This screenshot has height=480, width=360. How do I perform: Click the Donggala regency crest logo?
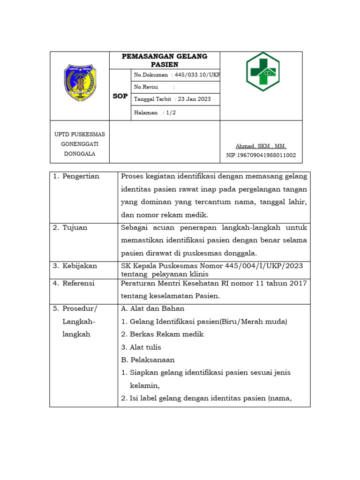click(80, 83)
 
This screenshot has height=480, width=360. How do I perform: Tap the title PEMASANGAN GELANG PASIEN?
click(165, 60)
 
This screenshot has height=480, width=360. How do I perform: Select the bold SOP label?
click(120, 96)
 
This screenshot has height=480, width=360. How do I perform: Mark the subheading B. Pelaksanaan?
click(148, 360)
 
